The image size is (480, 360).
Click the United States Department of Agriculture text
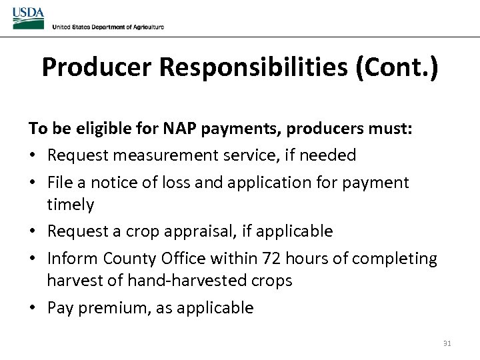pos(107,27)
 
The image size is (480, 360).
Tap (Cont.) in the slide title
pos(397,67)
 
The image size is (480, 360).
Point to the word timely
pos(70,205)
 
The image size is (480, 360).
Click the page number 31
pos(447,344)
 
